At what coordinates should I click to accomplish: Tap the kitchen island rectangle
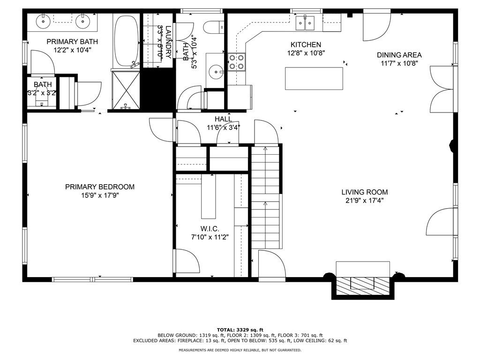(x=314, y=78)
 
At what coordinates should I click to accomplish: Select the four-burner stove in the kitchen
(x=236, y=62)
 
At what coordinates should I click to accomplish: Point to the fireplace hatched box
(x=364, y=284)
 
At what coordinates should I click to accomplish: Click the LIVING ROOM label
(x=364, y=192)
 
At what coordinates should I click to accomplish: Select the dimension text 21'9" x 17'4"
(x=364, y=201)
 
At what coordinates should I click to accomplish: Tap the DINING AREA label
(x=399, y=55)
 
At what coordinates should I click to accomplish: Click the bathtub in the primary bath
(x=127, y=41)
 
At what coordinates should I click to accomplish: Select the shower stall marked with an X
(x=125, y=90)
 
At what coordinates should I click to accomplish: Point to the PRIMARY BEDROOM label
(x=99, y=187)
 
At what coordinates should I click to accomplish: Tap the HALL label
(x=223, y=119)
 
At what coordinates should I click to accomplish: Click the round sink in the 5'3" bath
(x=216, y=72)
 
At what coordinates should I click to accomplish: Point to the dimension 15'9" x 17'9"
(x=99, y=195)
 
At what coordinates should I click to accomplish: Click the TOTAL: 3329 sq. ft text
(x=240, y=329)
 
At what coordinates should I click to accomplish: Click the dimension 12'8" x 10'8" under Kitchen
(x=306, y=53)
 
